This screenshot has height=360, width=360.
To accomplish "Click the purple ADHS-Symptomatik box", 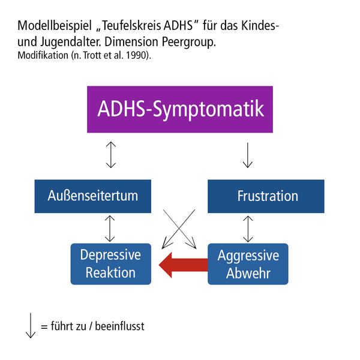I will click(181, 109).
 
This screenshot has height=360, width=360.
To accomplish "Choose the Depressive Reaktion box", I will click(110, 263).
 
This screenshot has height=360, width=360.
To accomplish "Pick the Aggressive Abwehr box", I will click(248, 263).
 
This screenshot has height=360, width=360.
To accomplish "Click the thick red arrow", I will click(182, 263).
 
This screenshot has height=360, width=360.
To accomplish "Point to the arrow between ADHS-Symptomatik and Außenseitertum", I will click(110, 155).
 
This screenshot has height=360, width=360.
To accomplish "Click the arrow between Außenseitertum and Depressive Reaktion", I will click(110, 228).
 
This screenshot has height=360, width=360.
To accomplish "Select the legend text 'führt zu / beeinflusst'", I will click(92, 327).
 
